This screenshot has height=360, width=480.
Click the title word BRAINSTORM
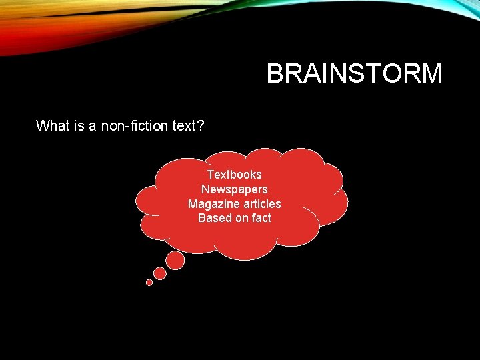(x=354, y=73)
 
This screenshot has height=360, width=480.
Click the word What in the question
(x=52, y=125)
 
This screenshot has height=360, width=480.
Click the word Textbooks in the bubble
(x=234, y=175)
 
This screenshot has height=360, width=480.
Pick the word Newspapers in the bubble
(x=234, y=189)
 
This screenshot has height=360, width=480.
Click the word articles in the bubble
(x=259, y=204)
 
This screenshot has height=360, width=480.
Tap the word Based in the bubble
(x=213, y=218)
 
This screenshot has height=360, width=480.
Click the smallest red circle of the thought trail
(x=149, y=282)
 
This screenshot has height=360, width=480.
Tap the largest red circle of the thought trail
(x=175, y=261)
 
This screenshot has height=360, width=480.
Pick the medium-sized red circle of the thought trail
(x=160, y=273)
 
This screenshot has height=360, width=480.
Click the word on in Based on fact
(x=239, y=218)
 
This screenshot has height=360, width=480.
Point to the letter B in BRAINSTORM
(x=274, y=73)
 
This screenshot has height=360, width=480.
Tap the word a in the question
(x=93, y=125)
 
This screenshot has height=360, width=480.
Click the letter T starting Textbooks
(x=211, y=175)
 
